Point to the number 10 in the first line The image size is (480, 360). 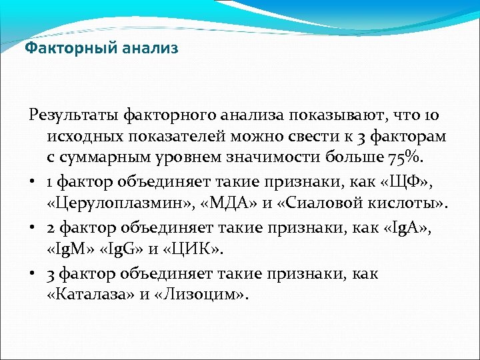coord(431,116)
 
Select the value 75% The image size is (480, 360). coord(406,159)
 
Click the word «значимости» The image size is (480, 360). coord(294,159)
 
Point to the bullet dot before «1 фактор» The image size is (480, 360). coord(33,181)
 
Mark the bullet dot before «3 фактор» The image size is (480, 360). coord(33,274)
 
